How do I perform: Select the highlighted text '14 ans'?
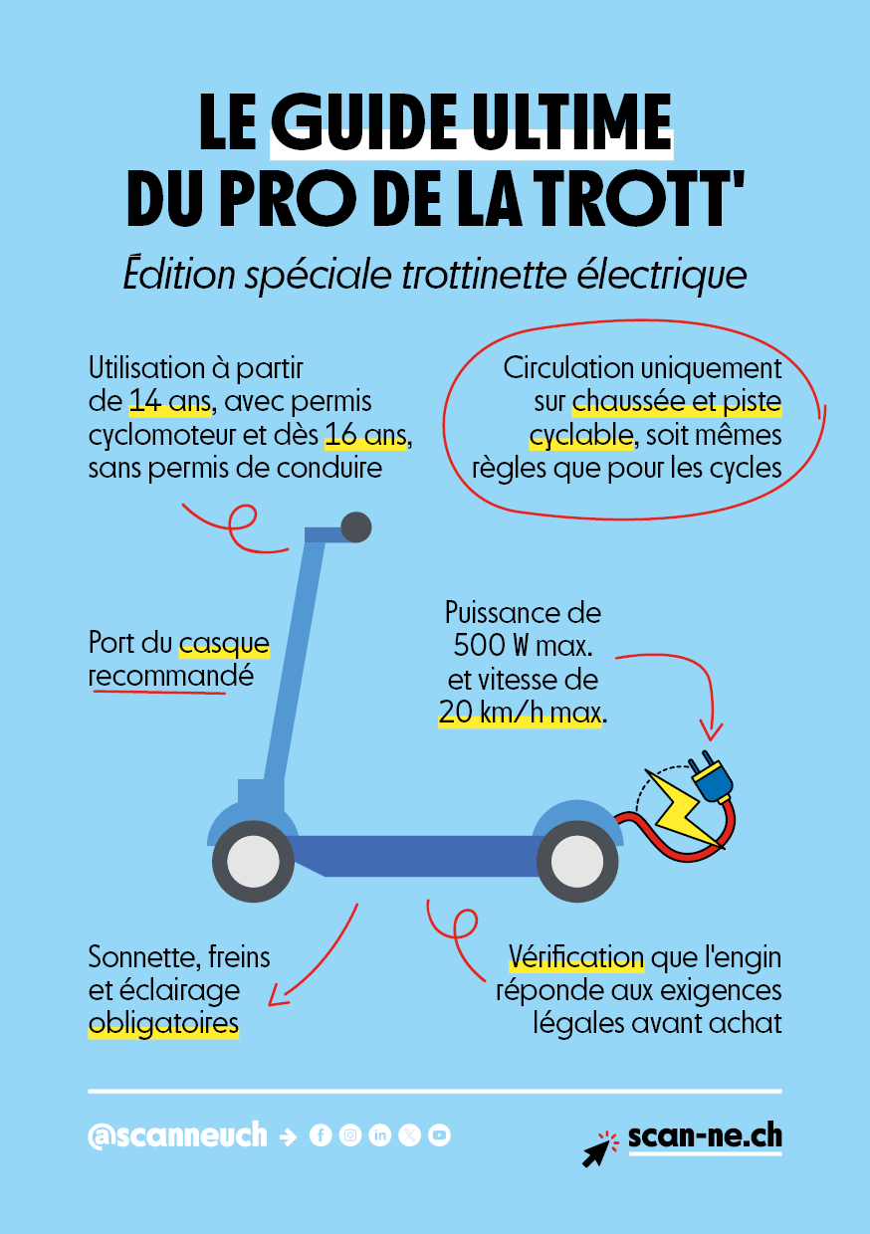(170, 401)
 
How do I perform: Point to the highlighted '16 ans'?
(365, 435)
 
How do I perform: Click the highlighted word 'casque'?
(224, 644)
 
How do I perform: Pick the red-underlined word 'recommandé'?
(171, 677)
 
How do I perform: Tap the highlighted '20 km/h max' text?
(520, 713)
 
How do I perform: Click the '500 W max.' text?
(523, 645)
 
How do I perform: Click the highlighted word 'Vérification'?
(575, 957)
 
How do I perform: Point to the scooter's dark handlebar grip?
(356, 527)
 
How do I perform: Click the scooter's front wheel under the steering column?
(254, 861)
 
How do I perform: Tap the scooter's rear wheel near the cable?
(577, 861)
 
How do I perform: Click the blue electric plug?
(711, 775)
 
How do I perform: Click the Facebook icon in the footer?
(321, 1134)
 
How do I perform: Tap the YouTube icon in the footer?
(439, 1134)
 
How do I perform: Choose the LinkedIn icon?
(379, 1134)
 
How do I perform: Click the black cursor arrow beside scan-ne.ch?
(596, 1153)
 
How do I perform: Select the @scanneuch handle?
(177, 1134)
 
